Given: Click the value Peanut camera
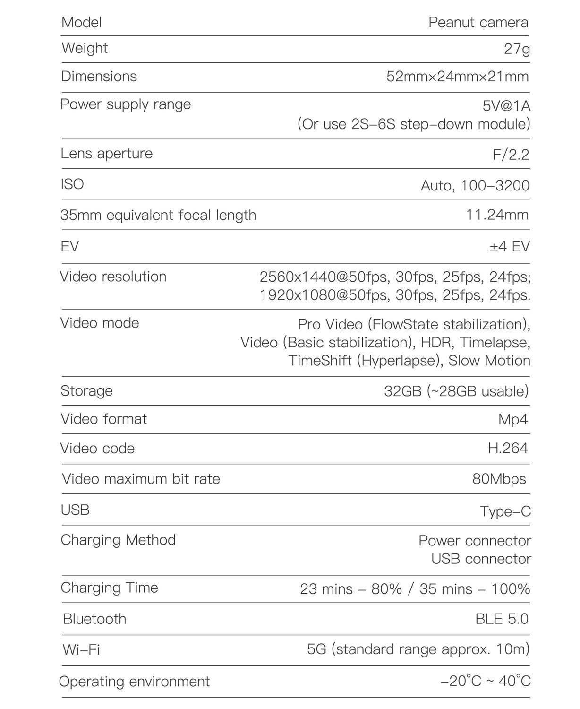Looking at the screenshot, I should [x=478, y=22].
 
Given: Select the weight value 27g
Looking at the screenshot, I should [x=517, y=49].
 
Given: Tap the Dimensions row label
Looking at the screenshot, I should [x=99, y=76].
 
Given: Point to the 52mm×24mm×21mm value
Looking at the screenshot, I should [x=457, y=77].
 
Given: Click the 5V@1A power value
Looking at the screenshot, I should [x=506, y=106].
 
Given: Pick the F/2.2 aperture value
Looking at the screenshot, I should [x=511, y=155].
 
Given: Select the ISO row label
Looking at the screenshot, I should [x=72, y=184].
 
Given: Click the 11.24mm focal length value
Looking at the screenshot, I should [x=497, y=215].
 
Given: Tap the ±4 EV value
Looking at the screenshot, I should [x=510, y=246].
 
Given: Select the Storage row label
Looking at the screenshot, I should [x=86, y=391].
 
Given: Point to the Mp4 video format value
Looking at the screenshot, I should [x=512, y=419].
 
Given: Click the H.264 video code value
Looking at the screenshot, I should [x=508, y=448].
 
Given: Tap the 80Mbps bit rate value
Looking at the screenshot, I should [x=499, y=479].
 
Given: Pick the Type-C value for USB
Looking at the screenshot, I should [x=505, y=511].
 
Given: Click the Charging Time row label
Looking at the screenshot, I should [x=109, y=588].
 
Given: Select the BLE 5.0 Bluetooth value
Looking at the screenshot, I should [x=502, y=619].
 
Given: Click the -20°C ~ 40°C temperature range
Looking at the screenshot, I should [x=485, y=681].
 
